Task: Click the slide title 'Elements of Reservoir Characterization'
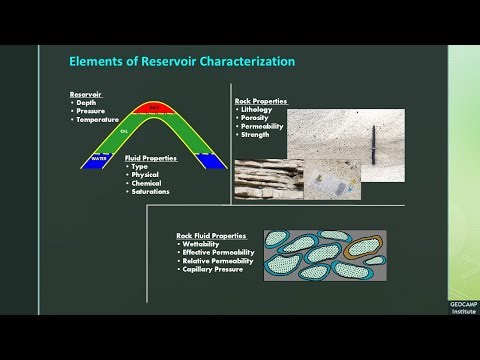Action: point(182,61)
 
